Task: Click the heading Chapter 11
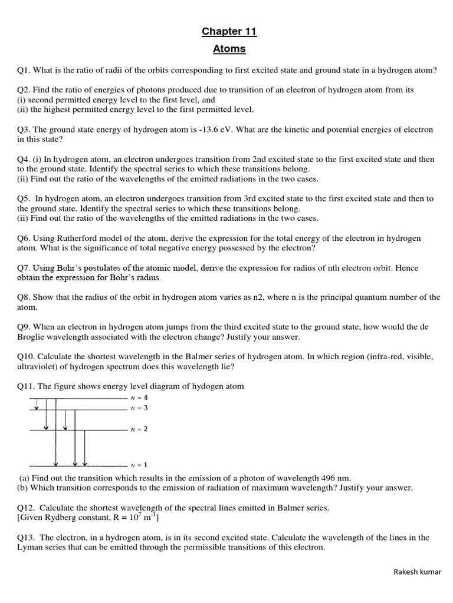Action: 229,32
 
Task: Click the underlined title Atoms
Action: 229,49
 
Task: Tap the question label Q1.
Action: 24,71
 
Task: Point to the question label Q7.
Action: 24,268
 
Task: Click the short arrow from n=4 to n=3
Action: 37,403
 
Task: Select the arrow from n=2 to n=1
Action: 86,448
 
